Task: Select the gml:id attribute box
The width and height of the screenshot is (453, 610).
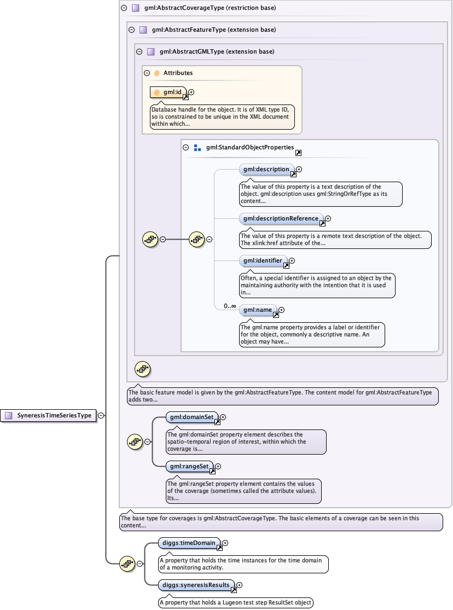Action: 169,92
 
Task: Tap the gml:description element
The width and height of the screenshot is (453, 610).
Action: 266,170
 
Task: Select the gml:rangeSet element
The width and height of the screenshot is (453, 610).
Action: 189,467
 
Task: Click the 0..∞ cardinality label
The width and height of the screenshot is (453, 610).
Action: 229,306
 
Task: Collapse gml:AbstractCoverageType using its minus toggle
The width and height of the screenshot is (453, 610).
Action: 124,8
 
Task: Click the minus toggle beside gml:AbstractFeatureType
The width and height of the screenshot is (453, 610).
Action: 131,30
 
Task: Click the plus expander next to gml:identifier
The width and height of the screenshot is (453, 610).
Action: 292,261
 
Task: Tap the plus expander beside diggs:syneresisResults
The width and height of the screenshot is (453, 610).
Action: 239,585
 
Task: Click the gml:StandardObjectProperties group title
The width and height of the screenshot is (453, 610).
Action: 250,148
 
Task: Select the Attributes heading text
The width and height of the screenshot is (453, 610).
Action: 178,73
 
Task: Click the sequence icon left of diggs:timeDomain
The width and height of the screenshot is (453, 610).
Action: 127,563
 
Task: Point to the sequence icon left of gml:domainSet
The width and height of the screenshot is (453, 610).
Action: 135,441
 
